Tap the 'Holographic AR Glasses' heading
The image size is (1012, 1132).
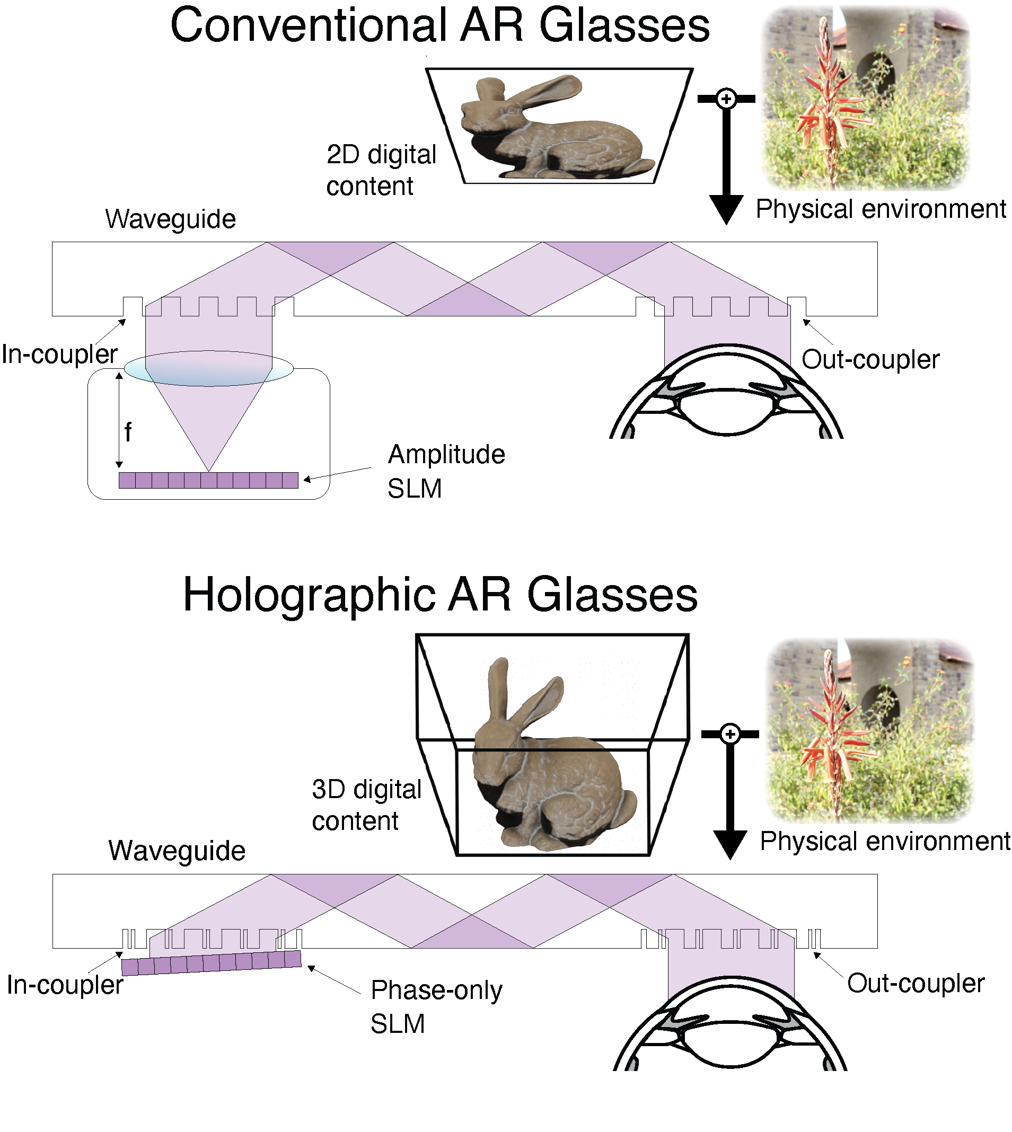[x=440, y=596]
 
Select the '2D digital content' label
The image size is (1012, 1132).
[x=381, y=170]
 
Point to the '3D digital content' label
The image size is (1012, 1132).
[x=366, y=804]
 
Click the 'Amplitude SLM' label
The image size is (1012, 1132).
[x=446, y=472]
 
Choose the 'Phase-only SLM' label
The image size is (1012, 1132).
[x=436, y=1006]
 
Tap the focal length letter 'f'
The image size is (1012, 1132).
[x=128, y=431]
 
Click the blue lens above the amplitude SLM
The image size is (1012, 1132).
[x=208, y=368]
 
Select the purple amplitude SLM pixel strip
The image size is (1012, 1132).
[x=208, y=480]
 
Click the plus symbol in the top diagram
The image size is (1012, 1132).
[x=726, y=99]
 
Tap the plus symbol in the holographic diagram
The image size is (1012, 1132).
[x=730, y=734]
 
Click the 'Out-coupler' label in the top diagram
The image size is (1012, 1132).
[x=870, y=359]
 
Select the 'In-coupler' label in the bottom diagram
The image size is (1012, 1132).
[x=65, y=985]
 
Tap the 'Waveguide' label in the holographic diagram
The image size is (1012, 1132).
[x=177, y=850]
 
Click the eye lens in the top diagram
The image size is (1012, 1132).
[x=726, y=411]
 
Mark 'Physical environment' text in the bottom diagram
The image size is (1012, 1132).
[x=885, y=841]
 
